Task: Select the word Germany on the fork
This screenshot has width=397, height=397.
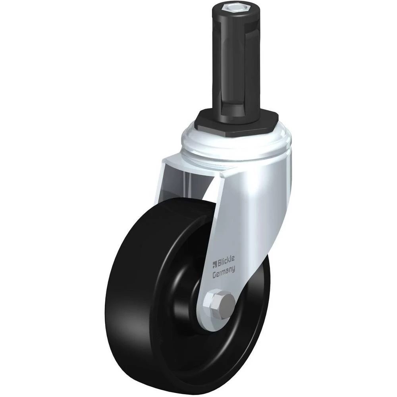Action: (224, 272)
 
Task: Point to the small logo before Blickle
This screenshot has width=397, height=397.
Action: (214, 264)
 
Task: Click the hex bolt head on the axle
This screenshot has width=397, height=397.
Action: (220, 303)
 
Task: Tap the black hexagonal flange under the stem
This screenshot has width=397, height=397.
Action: (237, 121)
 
